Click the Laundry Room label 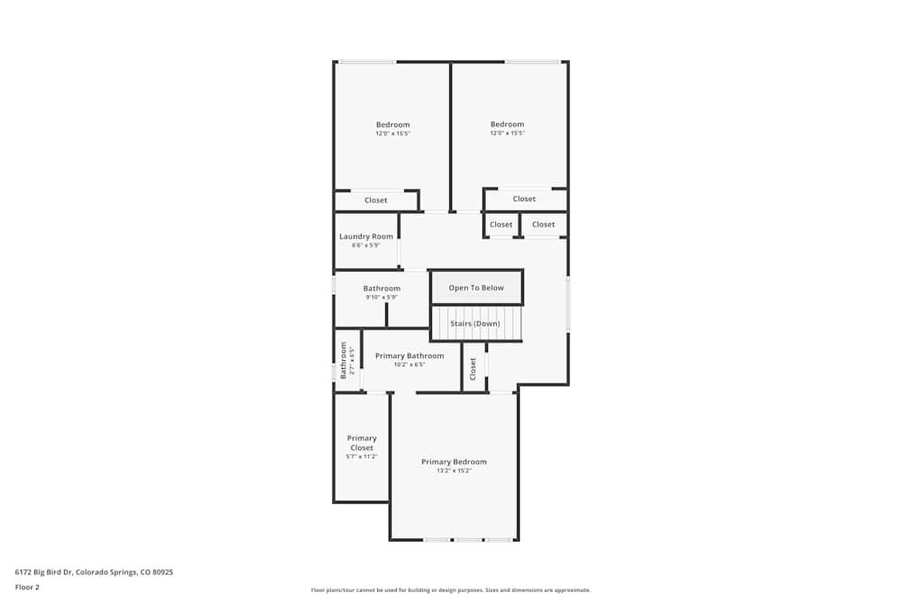[366, 236]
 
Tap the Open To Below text [476, 288]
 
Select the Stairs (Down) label [475, 323]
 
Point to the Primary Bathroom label [410, 356]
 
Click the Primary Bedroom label [454, 462]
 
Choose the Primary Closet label [362, 443]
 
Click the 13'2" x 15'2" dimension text [454, 471]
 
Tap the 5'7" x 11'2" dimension [362, 457]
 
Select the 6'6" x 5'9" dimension [366, 245]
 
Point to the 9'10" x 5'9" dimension [382, 297]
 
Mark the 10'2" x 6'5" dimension [410, 365]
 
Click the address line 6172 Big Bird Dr [94, 571]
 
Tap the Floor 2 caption [27, 587]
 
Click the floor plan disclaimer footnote [451, 590]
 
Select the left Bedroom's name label [393, 125]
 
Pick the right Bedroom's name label [507, 125]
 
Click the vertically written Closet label [473, 368]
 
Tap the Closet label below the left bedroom [376, 200]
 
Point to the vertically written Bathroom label [344, 359]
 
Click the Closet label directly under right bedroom [524, 199]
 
